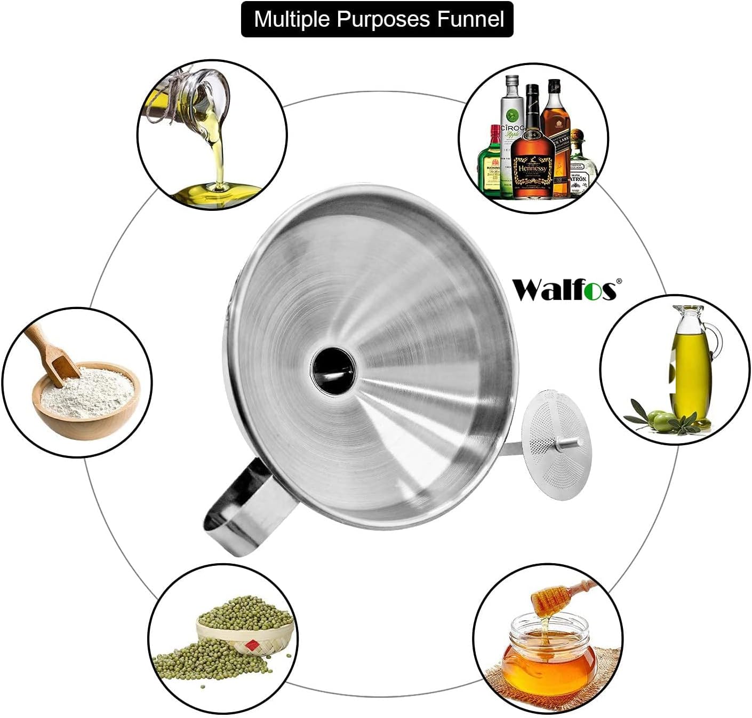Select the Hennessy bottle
pyautogui.click(x=532, y=155)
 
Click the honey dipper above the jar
pyautogui.click(x=555, y=598)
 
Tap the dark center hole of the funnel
pyautogui.click(x=333, y=366)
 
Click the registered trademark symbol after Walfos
pyautogui.click(x=619, y=281)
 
